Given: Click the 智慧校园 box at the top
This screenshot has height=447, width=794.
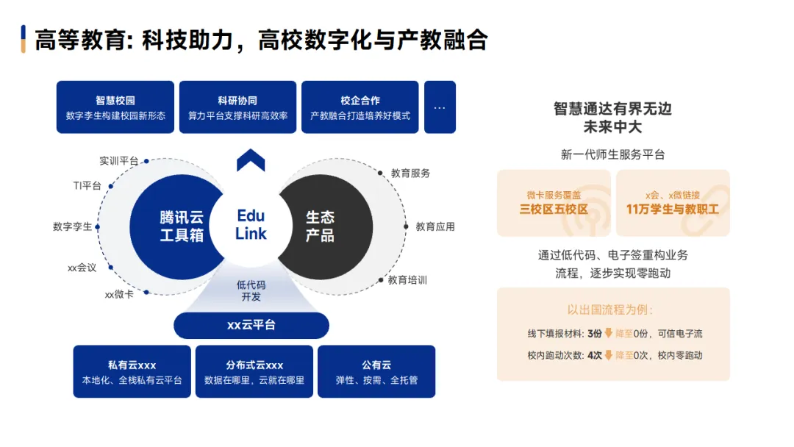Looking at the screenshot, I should click(115, 107).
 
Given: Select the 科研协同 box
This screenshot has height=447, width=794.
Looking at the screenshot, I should click(237, 107).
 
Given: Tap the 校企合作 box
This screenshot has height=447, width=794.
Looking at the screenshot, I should click(360, 107).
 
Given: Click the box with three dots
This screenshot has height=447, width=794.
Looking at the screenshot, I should click(440, 107).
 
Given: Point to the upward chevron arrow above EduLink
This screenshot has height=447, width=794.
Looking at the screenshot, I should click(251, 160).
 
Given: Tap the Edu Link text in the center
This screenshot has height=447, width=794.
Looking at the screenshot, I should click(251, 225).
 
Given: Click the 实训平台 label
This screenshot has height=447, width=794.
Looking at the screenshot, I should click(119, 161).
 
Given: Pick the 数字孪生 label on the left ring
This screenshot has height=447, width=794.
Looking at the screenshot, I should click(73, 226).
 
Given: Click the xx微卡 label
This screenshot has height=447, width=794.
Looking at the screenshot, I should click(119, 294).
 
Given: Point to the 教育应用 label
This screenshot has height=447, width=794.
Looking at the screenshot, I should click(435, 226).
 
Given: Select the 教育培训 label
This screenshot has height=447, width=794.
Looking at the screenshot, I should click(408, 280).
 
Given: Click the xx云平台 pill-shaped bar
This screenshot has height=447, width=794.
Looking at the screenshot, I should click(251, 325).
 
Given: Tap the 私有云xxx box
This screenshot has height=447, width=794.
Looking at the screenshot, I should click(132, 371).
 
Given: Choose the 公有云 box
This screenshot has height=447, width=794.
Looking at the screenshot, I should click(376, 371).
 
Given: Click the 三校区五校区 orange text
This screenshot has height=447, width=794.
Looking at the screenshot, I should click(554, 209).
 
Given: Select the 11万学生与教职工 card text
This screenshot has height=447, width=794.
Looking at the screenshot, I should click(673, 209).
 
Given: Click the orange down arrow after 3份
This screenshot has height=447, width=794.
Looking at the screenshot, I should click(609, 333).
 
